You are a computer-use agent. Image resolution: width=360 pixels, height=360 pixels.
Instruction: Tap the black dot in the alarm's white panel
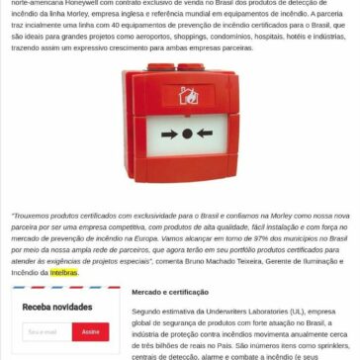[x=180, y=117]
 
